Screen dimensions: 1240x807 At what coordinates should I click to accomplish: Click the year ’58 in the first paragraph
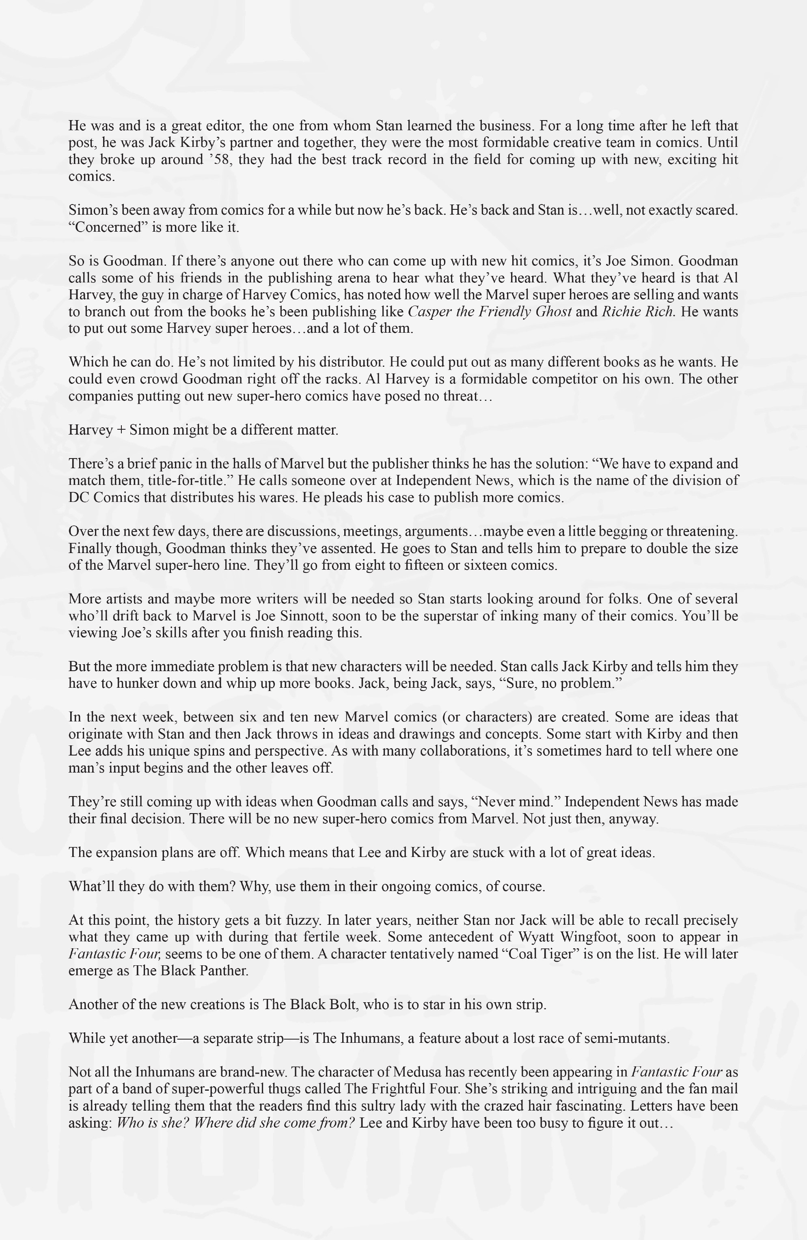click(x=221, y=159)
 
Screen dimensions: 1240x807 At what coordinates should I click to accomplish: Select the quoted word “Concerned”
click(x=108, y=227)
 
